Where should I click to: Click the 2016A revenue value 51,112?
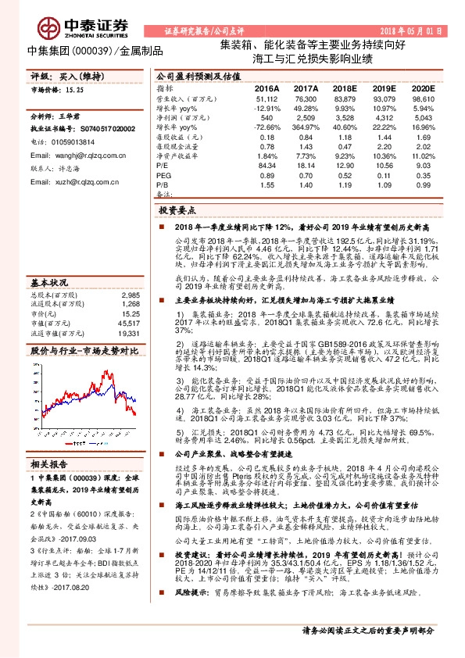266,99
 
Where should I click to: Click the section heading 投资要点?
177,210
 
